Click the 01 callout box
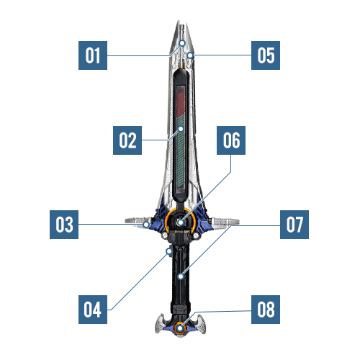(93, 55)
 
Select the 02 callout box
(127, 140)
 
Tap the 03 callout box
(64, 225)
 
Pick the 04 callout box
(93, 310)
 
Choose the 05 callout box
(266, 55)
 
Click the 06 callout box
(231, 140)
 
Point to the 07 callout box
(294, 225)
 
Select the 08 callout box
(266, 310)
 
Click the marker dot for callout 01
(182, 43)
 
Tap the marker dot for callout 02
(181, 129)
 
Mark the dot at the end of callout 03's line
(146, 225)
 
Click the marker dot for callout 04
(169, 251)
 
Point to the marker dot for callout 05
(190, 55)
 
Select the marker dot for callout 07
(181, 276)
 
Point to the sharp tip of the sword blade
(179, 21)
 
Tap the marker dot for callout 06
(181, 222)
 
